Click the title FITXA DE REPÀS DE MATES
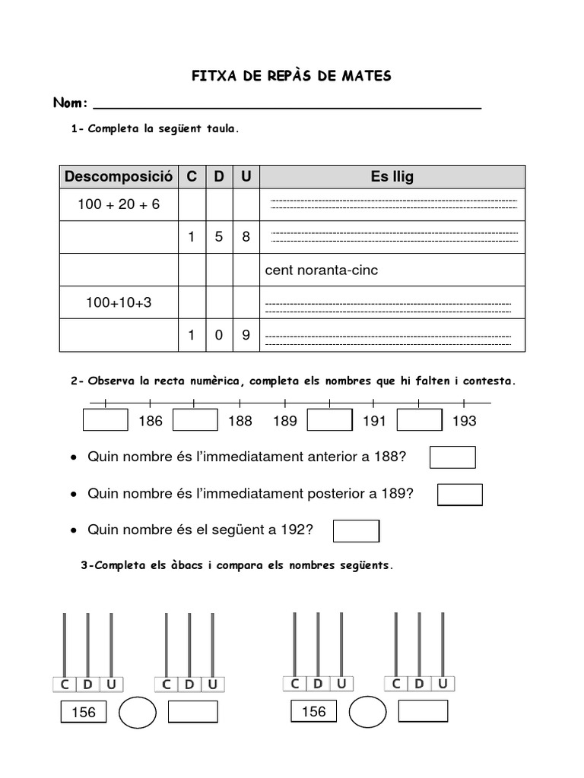click(290, 76)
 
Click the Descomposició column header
click(119, 177)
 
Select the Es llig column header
click(392, 177)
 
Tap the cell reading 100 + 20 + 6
click(119, 204)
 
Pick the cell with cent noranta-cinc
click(392, 270)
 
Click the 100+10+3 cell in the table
click(119, 302)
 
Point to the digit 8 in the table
click(246, 237)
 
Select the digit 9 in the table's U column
click(246, 335)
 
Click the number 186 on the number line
click(151, 421)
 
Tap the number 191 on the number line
click(374, 421)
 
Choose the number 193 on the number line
click(464, 421)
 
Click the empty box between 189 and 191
click(329, 420)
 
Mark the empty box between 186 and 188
click(195, 420)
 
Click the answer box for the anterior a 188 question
click(452, 457)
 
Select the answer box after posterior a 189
click(459, 494)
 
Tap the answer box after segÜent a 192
click(356, 530)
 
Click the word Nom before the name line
click(70, 103)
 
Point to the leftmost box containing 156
click(84, 713)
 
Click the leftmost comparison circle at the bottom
click(138, 712)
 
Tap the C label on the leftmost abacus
click(65, 685)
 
